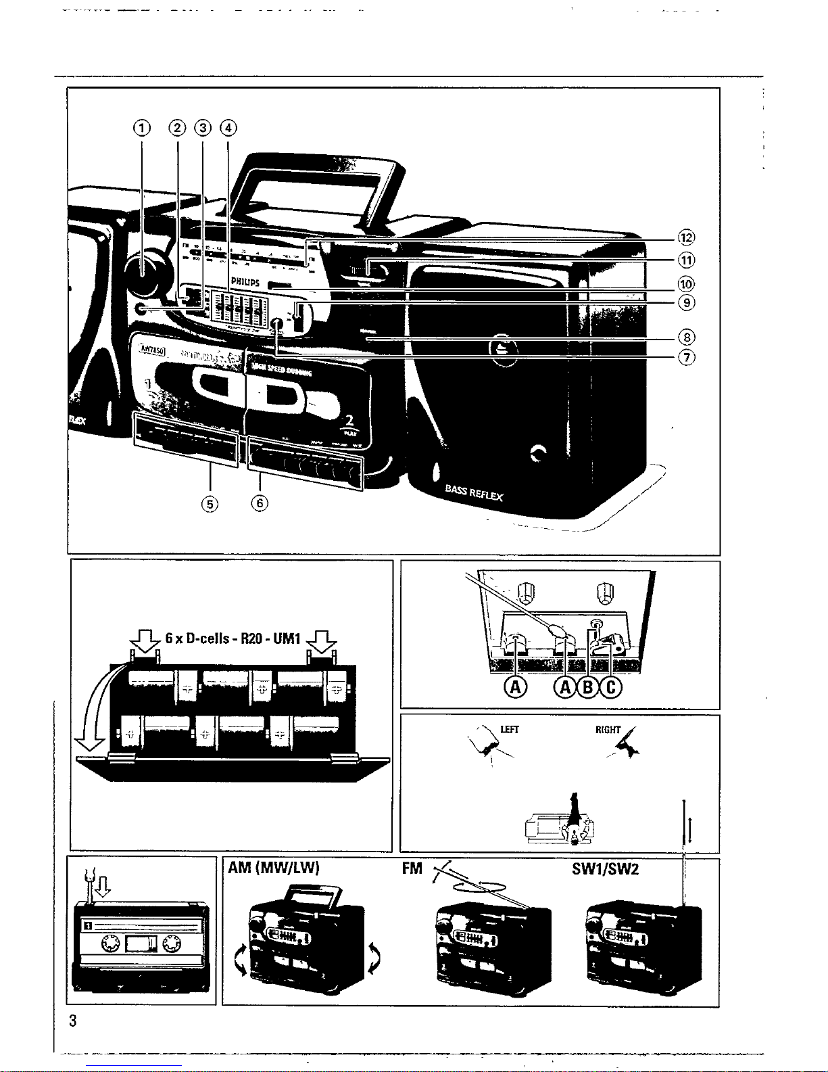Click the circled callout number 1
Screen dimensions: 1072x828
[x=141, y=127]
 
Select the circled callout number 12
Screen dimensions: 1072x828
[x=686, y=237]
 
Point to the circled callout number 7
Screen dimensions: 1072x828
[x=686, y=358]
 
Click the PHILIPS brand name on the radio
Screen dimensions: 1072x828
[x=246, y=281]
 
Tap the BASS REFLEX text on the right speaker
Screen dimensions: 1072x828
[x=474, y=492]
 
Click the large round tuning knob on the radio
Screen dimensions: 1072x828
[x=144, y=274]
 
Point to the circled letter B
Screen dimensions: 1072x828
[x=588, y=687]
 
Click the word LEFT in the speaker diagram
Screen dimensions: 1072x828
[x=509, y=729]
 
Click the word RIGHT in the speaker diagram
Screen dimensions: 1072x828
[x=608, y=730]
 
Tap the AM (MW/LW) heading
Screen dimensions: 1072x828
[x=273, y=868]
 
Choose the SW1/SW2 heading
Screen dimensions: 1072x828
[x=605, y=868]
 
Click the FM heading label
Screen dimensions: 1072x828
[x=412, y=868]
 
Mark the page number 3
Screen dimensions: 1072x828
[x=73, y=1021]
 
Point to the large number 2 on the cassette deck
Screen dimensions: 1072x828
[x=349, y=421]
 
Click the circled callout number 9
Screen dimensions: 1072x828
[x=686, y=303]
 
